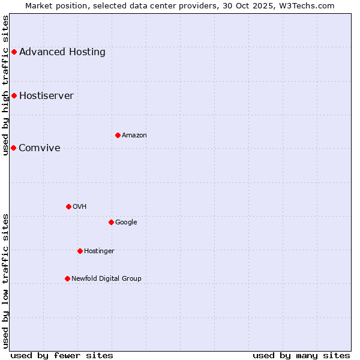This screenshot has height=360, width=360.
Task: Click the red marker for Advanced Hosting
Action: (14, 52)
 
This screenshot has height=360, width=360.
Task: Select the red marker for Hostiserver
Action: (14, 95)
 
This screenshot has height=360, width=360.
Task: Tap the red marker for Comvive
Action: (13, 148)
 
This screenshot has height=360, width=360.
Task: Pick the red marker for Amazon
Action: (118, 135)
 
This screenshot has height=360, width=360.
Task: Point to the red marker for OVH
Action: (68, 206)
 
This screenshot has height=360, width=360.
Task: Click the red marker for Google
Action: (111, 222)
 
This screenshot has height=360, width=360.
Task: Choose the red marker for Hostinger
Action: (80, 251)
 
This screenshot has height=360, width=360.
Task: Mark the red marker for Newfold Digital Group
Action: (67, 278)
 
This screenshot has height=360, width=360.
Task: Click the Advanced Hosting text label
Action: (62, 52)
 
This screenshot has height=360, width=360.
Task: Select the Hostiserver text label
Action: (46, 95)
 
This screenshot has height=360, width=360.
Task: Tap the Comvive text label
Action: (40, 148)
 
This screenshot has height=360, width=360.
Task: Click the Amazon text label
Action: (134, 135)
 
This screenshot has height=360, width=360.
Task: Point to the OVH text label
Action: (80, 206)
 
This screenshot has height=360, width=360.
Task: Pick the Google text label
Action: (126, 222)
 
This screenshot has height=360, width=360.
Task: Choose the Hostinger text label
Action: (99, 251)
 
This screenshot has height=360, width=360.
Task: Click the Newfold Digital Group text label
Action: (106, 278)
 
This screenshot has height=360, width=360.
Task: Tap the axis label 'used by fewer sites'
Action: (62, 355)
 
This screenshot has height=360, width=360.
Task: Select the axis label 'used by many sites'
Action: (301, 355)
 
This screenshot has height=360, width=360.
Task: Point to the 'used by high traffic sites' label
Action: (5, 85)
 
